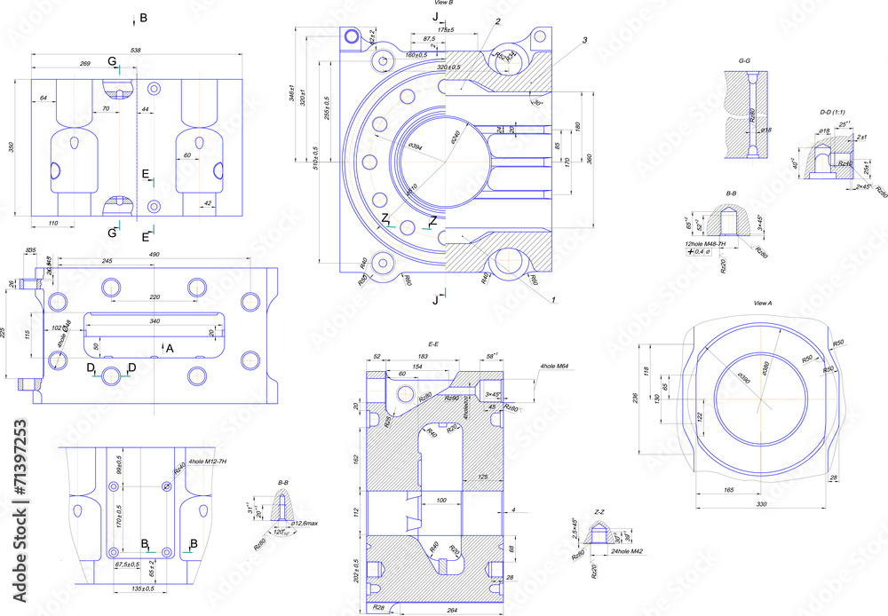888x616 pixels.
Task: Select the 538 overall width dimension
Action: (x=136, y=51)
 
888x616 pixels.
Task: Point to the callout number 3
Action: (x=585, y=41)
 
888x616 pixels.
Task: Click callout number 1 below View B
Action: (x=553, y=300)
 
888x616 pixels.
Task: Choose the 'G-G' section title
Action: (x=745, y=60)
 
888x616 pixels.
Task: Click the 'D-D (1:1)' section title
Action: (x=835, y=113)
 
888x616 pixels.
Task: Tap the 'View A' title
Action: (x=762, y=304)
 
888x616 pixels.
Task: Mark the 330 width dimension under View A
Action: (x=761, y=504)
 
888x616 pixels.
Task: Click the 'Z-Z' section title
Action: (x=599, y=512)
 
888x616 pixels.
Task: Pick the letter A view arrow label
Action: (x=170, y=349)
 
